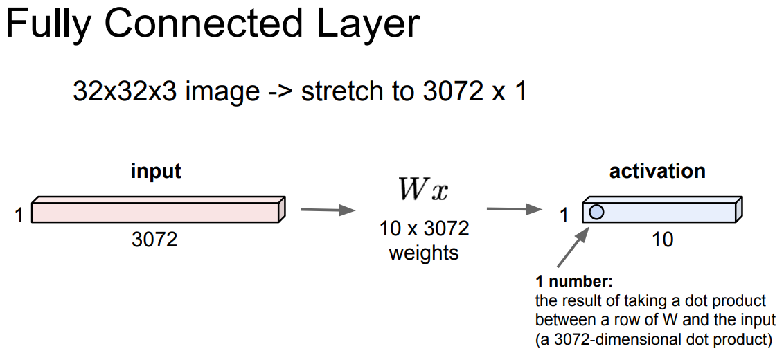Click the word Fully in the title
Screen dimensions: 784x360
point(48,24)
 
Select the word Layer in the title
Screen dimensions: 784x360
point(366,24)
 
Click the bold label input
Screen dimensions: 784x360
point(156,171)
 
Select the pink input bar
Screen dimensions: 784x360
point(156,211)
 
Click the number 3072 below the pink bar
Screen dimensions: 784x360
point(154,240)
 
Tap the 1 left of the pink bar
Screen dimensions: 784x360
point(19,216)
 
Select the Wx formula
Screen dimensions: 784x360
point(422,188)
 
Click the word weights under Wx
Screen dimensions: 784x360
point(424,253)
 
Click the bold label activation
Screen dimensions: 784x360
point(657,171)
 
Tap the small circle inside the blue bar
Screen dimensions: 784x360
point(596,212)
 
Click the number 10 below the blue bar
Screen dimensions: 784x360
point(663,240)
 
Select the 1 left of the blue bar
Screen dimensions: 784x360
point(564,216)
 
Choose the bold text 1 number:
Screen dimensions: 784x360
point(574,282)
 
